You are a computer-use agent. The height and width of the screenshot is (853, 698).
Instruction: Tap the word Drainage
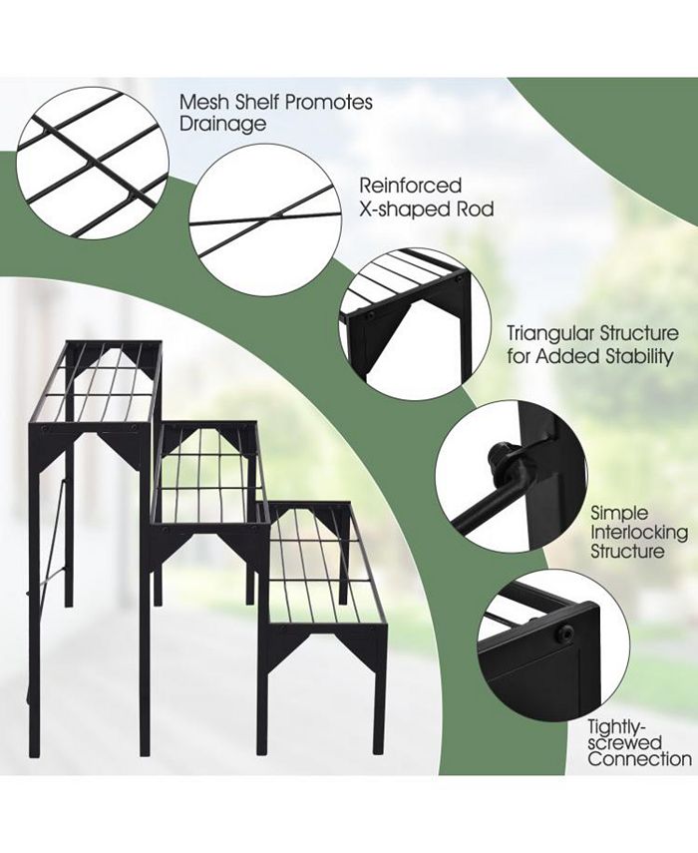pos(223,125)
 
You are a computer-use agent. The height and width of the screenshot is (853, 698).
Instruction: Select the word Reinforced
pos(411,186)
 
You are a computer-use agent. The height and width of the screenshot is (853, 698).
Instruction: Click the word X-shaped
pos(400,209)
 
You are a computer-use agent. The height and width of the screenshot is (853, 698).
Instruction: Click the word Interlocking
pos(639,532)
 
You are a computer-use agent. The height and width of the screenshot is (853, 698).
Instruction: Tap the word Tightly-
pos(616,726)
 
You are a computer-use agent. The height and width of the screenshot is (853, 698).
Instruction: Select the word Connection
pos(639,759)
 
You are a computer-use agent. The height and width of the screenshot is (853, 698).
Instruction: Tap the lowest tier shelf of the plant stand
pos(326,567)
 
